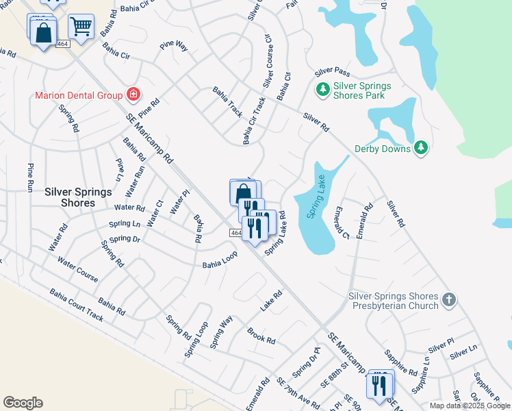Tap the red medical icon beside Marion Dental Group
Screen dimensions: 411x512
pos(133,95)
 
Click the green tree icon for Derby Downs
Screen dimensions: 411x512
pos(422,147)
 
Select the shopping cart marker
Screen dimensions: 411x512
pos(81,27)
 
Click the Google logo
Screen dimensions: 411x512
pos(23,403)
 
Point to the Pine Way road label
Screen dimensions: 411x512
pos(173,46)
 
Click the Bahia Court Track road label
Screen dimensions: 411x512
pos(76,304)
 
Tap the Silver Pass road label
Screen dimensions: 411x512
pos(332,71)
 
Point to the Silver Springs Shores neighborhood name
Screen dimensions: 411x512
pos(78,197)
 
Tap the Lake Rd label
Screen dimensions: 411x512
pos(271,300)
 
